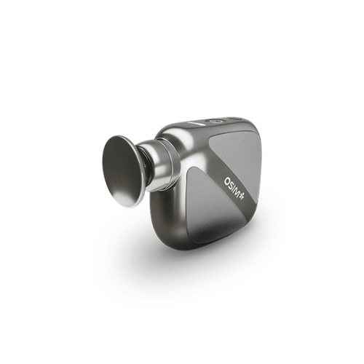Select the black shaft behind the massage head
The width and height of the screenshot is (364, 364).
point(145,167)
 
